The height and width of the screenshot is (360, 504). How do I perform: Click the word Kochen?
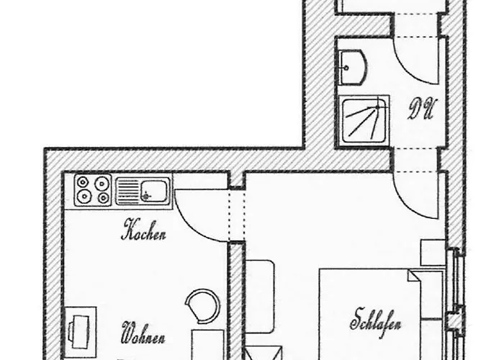pyautogui.click(x=146, y=233)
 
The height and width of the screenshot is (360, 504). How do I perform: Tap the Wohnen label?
pyautogui.click(x=145, y=336)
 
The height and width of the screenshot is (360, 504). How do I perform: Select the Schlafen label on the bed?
pyautogui.click(x=377, y=318)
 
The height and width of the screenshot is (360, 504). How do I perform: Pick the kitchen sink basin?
pyautogui.click(x=153, y=191)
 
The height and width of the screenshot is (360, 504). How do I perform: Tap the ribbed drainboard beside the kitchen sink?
pyautogui.click(x=127, y=191)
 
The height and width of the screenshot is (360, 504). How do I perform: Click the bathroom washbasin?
pyautogui.click(x=353, y=66)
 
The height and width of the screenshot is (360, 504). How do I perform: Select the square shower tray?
pyautogui.click(x=364, y=119)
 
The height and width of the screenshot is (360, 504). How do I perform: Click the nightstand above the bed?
pyautogui.click(x=433, y=253)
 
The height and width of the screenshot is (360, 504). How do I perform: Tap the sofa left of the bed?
pyautogui.click(x=261, y=295)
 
